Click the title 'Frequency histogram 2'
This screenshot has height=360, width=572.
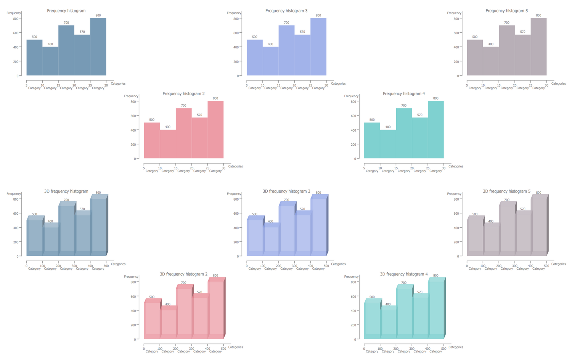pyautogui.click(x=183, y=93)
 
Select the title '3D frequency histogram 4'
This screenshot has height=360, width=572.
pyautogui.click(x=404, y=274)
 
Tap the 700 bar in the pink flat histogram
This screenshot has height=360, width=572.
pyautogui.click(x=184, y=133)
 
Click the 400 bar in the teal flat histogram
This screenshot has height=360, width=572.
pyautogui.click(x=388, y=144)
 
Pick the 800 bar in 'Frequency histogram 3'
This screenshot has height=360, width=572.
pyautogui.click(x=318, y=47)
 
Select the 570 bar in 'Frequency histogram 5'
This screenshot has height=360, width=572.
pyautogui.click(x=522, y=55)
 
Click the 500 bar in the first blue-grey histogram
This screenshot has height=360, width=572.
pyautogui.click(x=34, y=58)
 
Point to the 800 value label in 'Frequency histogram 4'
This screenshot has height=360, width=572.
pyautogui.click(x=436, y=98)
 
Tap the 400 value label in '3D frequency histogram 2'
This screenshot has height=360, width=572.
pyautogui.click(x=168, y=304)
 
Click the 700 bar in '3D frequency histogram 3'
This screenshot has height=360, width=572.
pyautogui.click(x=286, y=229)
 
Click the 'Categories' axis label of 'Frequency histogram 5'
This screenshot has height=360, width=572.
pyautogui.click(x=559, y=84)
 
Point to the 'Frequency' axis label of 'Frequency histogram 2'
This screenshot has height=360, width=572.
pyautogui.click(x=131, y=96)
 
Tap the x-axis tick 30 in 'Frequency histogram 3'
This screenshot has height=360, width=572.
pyautogui.click(x=326, y=85)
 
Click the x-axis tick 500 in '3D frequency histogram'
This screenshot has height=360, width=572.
pyautogui.click(x=106, y=266)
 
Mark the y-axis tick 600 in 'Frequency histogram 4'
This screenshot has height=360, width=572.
pyautogui.click(x=353, y=116)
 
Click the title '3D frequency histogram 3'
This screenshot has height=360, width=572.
pyautogui.click(x=286, y=191)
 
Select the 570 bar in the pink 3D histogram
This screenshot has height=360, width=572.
pyautogui.click(x=199, y=317)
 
